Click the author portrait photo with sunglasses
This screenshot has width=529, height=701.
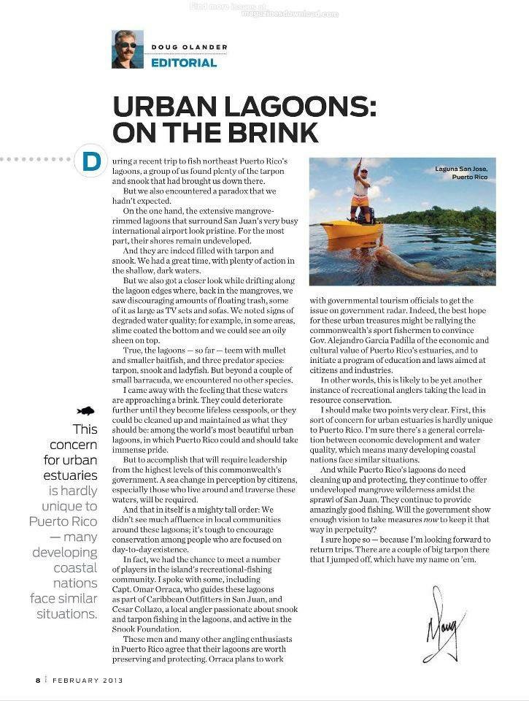click(x=127, y=49)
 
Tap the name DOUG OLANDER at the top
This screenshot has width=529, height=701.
click(x=189, y=47)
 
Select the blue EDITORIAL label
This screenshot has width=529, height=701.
click(x=184, y=63)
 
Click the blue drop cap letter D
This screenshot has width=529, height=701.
click(x=91, y=161)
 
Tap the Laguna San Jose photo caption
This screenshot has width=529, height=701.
click(x=461, y=173)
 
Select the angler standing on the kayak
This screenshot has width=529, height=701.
click(x=360, y=191)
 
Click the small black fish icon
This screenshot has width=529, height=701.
click(x=87, y=411)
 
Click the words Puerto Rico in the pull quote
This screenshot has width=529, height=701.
click(x=63, y=521)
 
